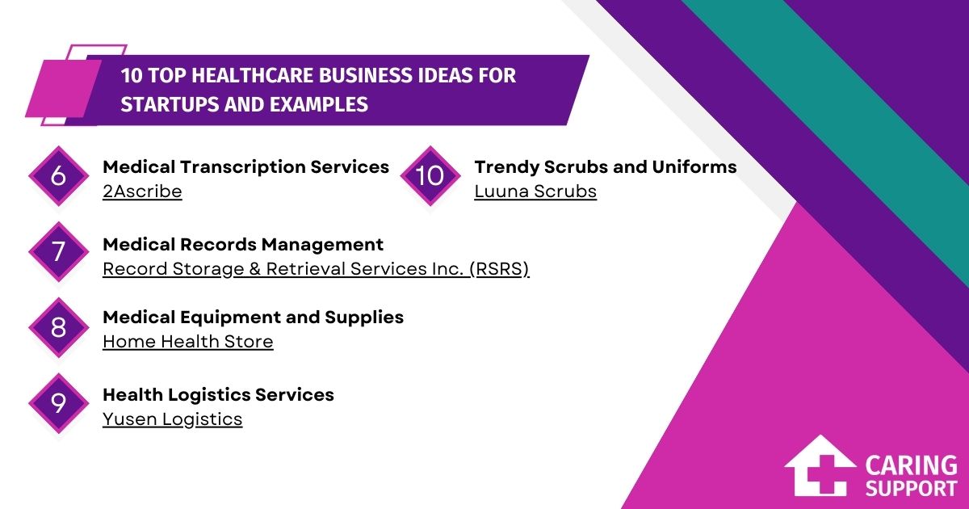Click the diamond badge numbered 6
coord(58,175)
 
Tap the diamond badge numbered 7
coord(58,252)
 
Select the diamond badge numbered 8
coord(58,328)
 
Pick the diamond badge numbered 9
coord(58,403)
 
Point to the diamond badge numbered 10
coord(430,175)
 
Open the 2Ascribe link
coord(142,191)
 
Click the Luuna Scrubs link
coord(535,191)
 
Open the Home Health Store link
coord(187,342)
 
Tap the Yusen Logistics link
coord(172,419)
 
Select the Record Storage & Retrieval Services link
coord(316,269)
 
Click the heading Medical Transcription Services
coord(245,167)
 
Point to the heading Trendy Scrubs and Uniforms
coord(606,167)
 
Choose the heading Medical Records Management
coord(243,244)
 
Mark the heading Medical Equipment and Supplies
coord(253,318)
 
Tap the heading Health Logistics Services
coord(218,395)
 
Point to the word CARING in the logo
coord(911,466)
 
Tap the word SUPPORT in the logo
coord(911,488)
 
